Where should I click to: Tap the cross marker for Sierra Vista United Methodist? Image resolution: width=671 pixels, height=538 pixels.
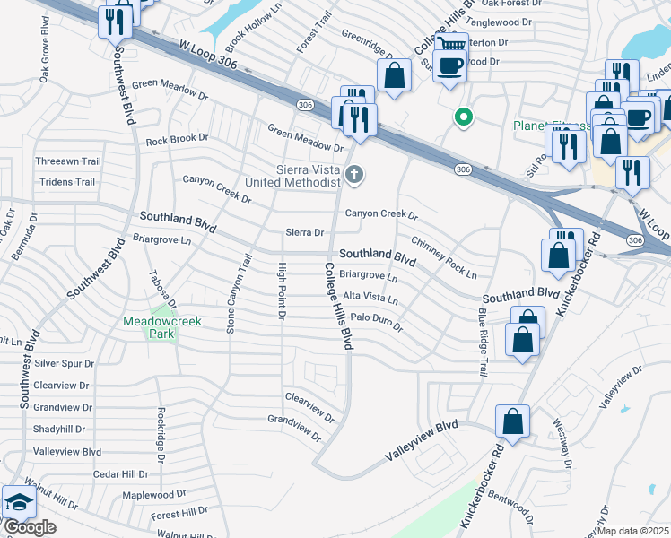[355, 175]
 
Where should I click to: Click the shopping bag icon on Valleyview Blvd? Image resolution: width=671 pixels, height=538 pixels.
[512, 421]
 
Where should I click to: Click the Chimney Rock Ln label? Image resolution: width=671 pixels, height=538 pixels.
[444, 257]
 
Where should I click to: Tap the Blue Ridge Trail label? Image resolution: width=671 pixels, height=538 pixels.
[483, 342]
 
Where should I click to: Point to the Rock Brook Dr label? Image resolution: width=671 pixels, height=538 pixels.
[177, 139]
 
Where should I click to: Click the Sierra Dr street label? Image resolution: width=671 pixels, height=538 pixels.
[304, 232]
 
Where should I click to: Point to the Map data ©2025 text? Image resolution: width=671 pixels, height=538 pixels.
[627, 531]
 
